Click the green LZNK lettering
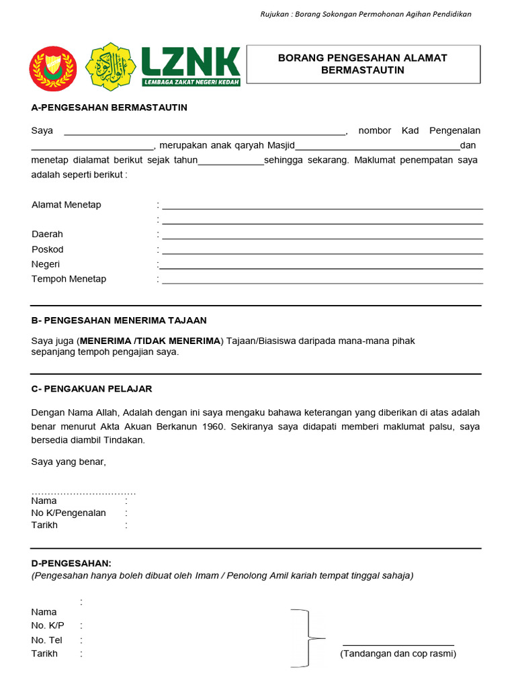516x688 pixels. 191,62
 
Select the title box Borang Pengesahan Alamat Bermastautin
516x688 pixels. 363,64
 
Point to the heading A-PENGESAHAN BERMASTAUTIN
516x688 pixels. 110,107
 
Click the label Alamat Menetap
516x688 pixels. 67,205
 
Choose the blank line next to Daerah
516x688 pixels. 322,238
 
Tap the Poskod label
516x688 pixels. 48,249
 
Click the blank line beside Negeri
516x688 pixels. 322,268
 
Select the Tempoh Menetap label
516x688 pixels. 69,279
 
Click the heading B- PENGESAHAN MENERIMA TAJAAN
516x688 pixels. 119,320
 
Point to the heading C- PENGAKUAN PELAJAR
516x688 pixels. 92,389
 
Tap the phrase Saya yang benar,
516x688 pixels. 69,462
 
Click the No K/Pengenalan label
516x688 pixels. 69,513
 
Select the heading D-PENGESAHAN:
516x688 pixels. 72,562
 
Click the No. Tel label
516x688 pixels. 47,640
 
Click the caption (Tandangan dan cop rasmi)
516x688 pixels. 398,654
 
